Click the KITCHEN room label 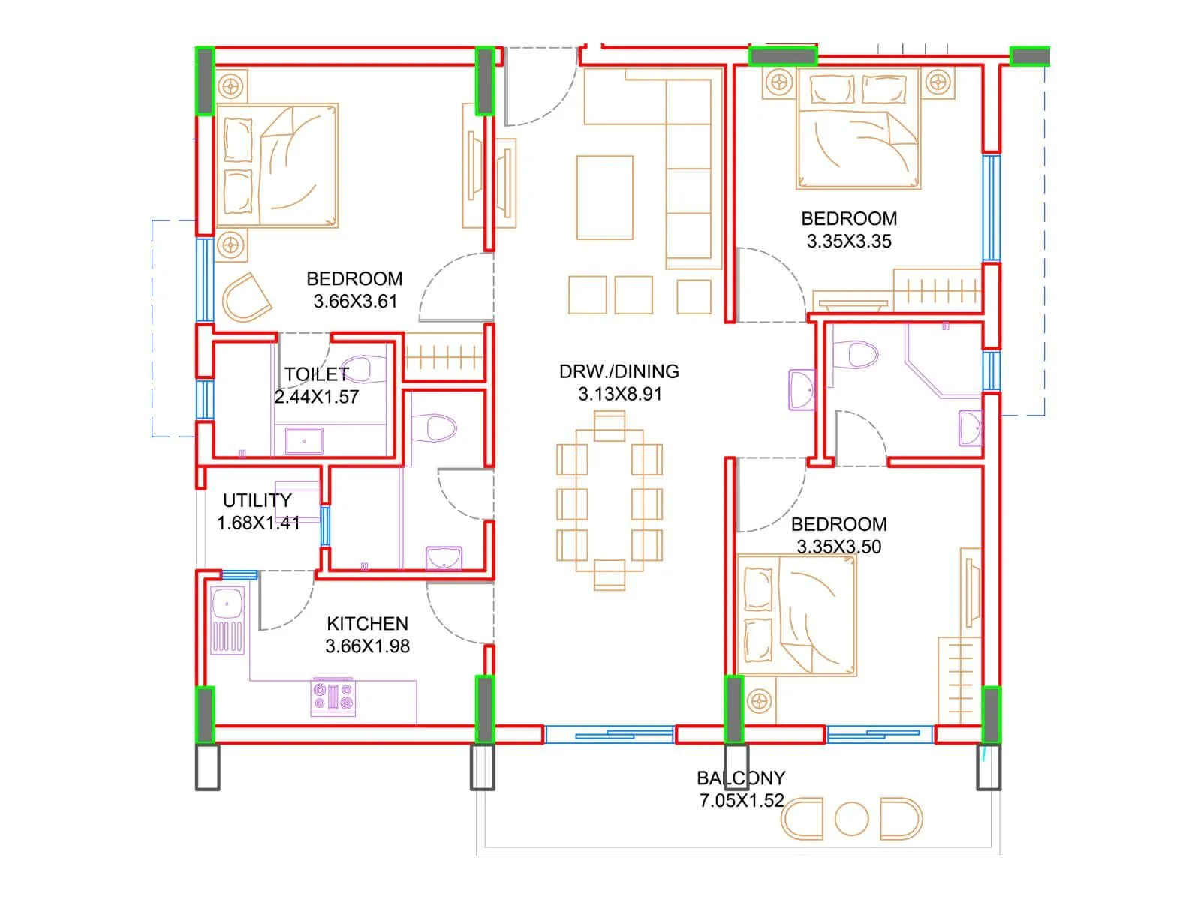[367, 623]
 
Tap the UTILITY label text [257, 500]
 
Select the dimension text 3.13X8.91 [620, 394]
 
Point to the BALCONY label [741, 778]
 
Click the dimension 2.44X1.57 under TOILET [316, 397]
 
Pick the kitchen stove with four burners [333, 697]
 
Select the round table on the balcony [851, 819]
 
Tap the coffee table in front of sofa [605, 197]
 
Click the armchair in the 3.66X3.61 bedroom [245, 298]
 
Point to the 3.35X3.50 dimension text [838, 547]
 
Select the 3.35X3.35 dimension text [849, 241]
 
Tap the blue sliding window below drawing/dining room [609, 734]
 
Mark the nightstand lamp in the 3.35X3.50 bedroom [760, 702]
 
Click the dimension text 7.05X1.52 [742, 801]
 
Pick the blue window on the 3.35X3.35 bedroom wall [992, 208]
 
